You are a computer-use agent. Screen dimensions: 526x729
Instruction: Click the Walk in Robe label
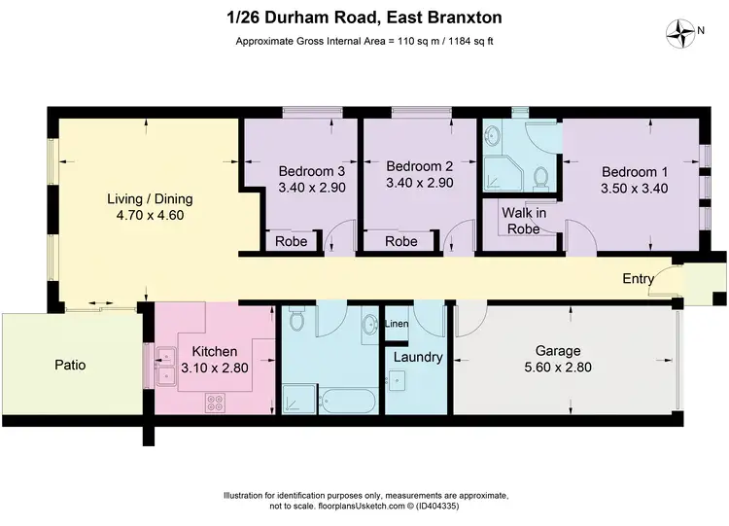tap(521, 221)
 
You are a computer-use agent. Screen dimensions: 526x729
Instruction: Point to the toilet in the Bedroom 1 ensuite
tap(542, 175)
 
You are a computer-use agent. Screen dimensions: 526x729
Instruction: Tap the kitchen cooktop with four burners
tap(216, 403)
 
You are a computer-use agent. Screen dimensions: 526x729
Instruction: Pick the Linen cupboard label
tap(397, 324)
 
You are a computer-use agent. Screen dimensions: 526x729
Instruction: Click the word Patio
tap(69, 366)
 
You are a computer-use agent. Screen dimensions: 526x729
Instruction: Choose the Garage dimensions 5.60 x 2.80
tap(558, 368)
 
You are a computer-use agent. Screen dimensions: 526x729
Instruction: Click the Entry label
tap(639, 279)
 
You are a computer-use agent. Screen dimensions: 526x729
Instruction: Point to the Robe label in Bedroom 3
tap(291, 241)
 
